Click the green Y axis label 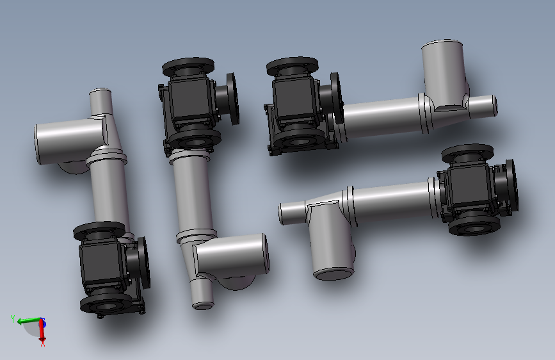point(13,319)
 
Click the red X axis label point(43,343)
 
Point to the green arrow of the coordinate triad point(29,321)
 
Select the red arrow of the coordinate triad point(42,330)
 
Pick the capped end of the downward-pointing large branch point(334,274)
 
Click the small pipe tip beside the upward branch point(494,106)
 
